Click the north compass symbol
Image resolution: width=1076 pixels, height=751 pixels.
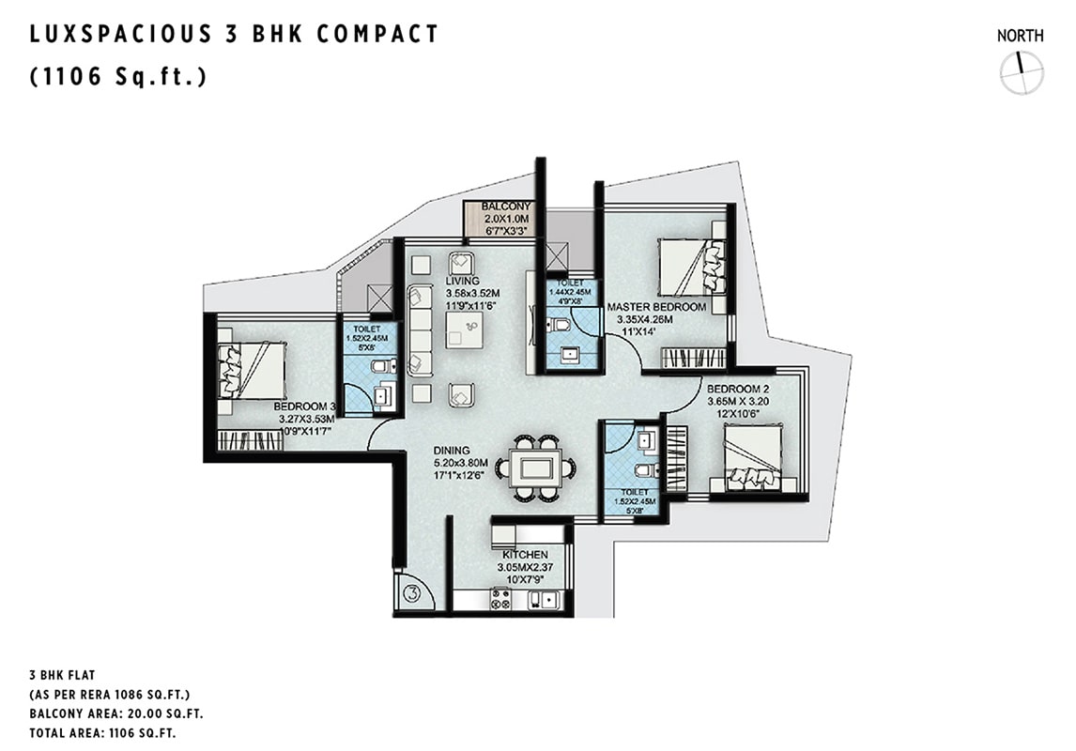point(1022,72)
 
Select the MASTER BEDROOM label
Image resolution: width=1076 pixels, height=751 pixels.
point(656,307)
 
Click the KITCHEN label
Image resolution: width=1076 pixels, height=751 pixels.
point(526,554)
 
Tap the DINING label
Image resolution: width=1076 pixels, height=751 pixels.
point(452,451)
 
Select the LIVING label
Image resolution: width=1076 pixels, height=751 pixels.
point(462,282)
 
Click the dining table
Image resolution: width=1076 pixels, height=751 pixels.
point(537,468)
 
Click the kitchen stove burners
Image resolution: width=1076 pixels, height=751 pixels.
point(500,599)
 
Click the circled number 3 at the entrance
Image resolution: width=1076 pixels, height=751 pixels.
point(412,592)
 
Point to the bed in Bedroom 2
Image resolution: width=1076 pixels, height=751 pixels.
point(753,455)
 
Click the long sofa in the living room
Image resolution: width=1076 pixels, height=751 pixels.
point(419,331)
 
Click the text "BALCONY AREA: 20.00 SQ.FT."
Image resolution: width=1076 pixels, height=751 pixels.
point(116,713)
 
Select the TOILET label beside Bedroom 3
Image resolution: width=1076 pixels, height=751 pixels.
point(367,330)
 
